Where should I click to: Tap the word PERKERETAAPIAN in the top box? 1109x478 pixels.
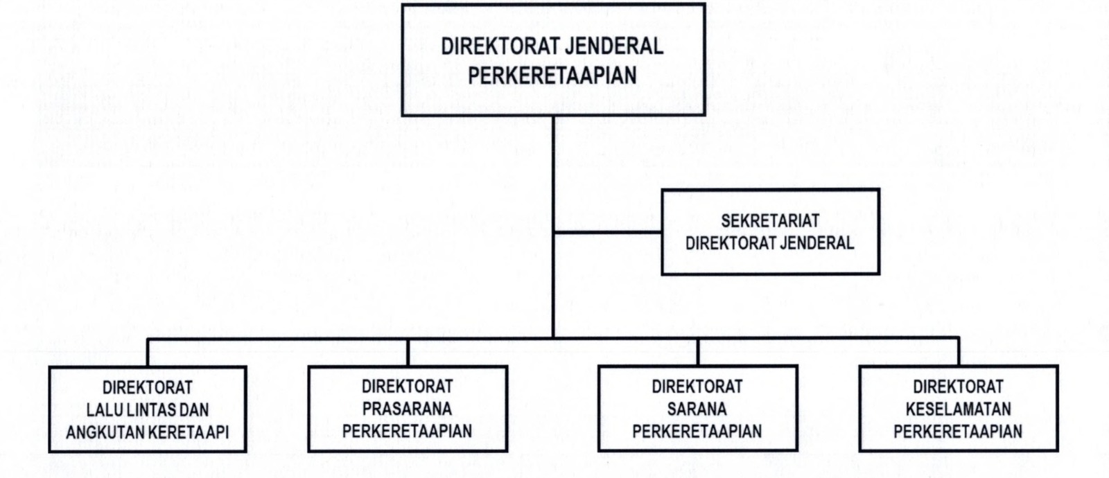click(552, 76)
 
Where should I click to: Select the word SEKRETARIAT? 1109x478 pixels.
click(770, 221)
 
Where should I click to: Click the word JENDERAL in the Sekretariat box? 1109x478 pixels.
click(817, 243)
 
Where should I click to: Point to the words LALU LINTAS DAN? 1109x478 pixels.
click(148, 409)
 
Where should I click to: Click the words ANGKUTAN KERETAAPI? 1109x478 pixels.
click(148, 432)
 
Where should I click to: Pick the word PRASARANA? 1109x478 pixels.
click(407, 409)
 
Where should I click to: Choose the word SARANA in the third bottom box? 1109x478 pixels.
click(697, 409)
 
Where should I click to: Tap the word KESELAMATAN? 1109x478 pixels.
click(958, 409)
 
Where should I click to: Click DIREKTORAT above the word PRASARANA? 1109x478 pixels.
click(407, 387)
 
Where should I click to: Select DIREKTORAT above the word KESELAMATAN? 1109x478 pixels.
click(958, 387)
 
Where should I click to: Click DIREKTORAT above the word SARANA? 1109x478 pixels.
click(697, 387)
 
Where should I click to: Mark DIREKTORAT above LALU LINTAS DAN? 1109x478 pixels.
click(148, 387)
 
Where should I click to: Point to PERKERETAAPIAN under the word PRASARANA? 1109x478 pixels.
click(407, 431)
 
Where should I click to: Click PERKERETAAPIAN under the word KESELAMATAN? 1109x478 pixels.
click(958, 431)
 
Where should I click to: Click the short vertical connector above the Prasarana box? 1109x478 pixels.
click(408, 352)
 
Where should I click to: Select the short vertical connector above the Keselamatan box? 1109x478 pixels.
click(959, 352)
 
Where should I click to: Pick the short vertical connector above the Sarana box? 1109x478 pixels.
click(698, 352)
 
